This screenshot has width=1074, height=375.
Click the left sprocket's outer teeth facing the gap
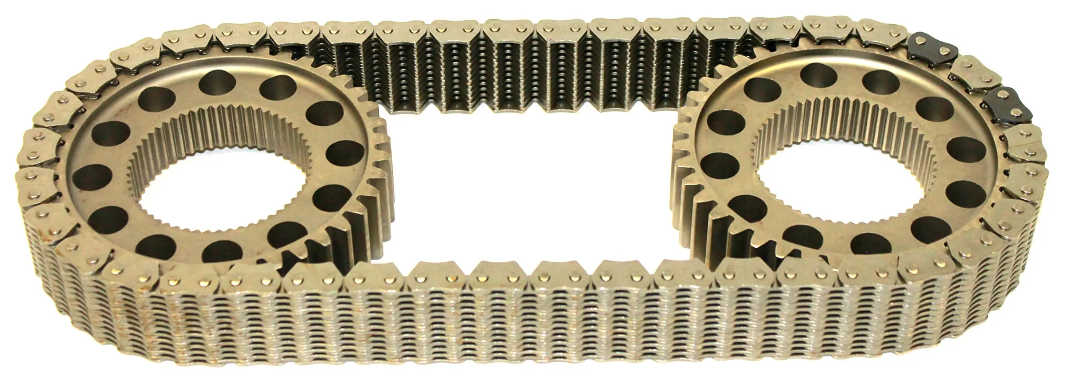[378, 168]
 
